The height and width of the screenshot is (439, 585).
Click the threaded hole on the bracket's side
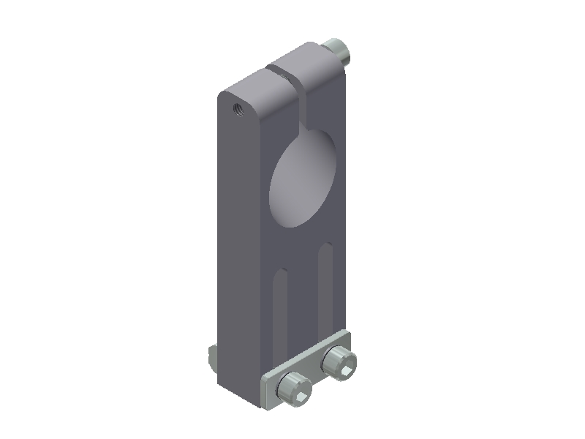[237, 110]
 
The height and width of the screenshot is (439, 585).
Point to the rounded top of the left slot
[280, 274]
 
